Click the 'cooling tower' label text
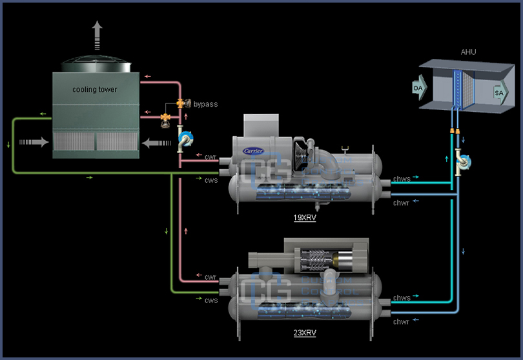point(94,90)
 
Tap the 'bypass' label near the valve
point(205,104)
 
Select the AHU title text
point(468,51)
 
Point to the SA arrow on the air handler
point(499,93)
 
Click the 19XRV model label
point(304,218)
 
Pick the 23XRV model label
point(304,333)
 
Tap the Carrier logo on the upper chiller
point(254,151)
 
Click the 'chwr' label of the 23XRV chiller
point(402,321)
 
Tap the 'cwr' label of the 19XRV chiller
point(210,157)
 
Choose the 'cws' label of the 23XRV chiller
point(210,300)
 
